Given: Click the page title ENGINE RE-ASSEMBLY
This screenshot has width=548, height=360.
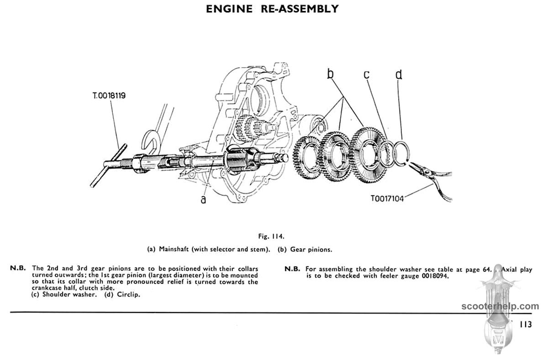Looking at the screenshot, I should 273,9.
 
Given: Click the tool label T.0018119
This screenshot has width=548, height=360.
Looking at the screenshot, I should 109,96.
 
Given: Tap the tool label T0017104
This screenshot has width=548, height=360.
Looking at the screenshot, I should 387,199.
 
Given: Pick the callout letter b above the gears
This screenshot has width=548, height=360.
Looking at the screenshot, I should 331,74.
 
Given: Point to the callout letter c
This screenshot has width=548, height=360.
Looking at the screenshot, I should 367,74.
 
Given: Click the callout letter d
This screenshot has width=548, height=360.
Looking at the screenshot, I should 399,74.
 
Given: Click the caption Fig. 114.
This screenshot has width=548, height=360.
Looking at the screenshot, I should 273,237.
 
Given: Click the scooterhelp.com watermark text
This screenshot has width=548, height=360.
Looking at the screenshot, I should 500,307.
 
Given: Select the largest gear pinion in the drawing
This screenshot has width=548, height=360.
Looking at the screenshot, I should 368,155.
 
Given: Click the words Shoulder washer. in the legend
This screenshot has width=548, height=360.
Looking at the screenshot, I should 70,295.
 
